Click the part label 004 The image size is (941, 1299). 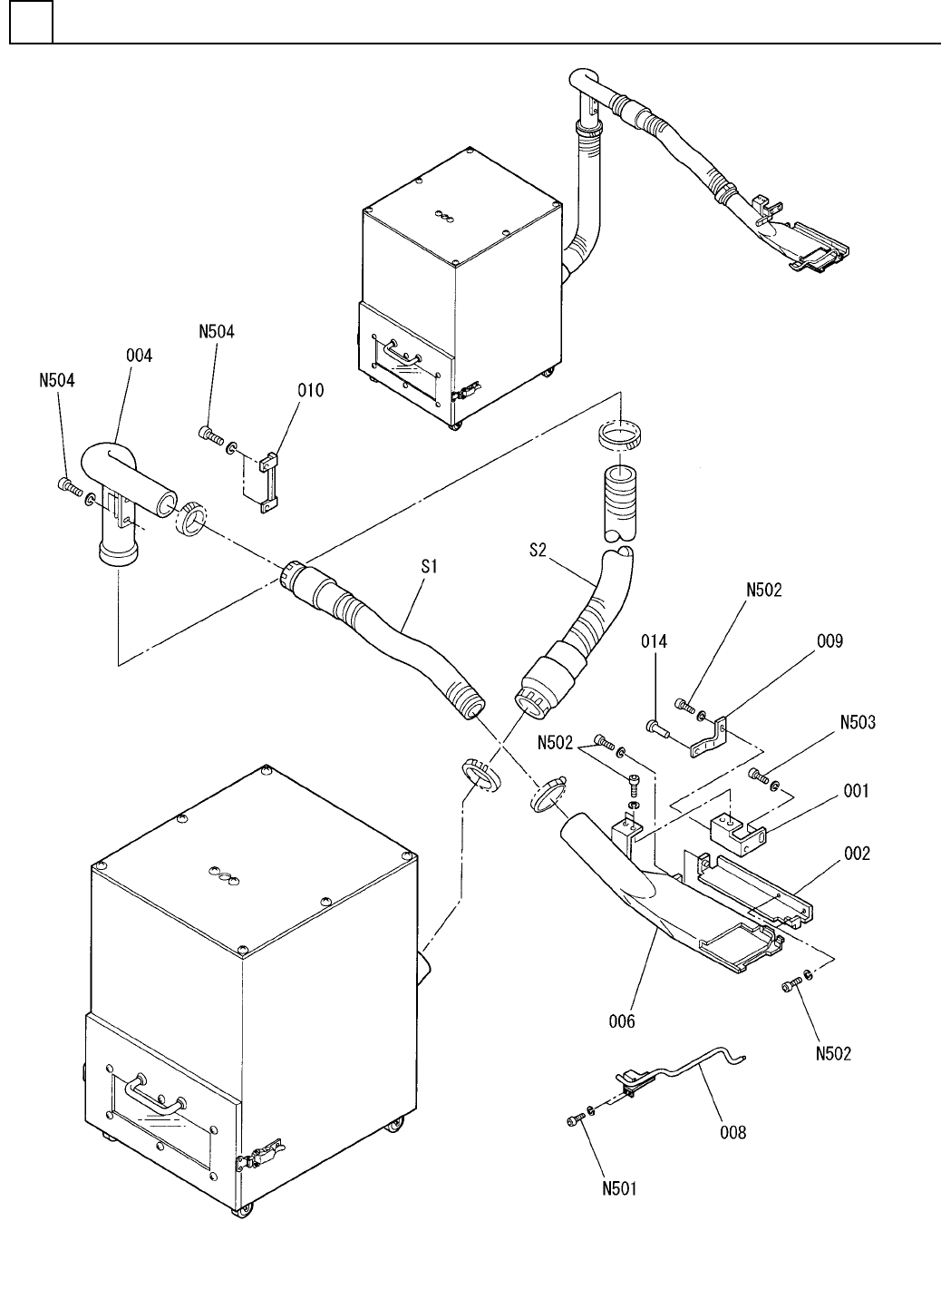tap(139, 356)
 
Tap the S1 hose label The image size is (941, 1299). tap(430, 566)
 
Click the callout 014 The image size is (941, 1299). tap(654, 641)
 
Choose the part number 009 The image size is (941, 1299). tap(829, 641)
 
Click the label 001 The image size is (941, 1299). tap(856, 791)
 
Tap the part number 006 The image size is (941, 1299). tap(622, 1021)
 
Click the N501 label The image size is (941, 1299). tap(618, 1189)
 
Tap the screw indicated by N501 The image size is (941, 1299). tap(574, 1123)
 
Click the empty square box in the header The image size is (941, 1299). tap(31, 23)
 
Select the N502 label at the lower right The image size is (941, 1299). tap(833, 1054)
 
